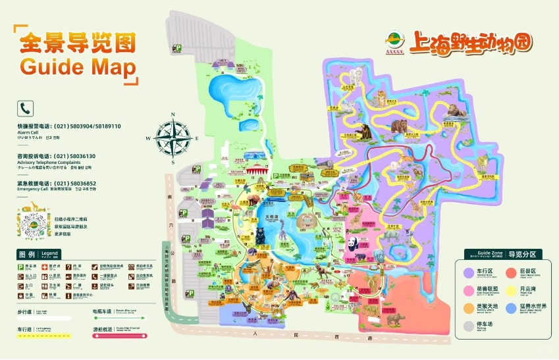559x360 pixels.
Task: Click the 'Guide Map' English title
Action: point(78,67)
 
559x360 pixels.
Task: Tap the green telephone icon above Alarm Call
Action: point(26,108)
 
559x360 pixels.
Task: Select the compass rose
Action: point(173,138)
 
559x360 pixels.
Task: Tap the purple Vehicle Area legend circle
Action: point(464,271)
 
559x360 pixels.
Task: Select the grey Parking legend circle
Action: point(464,324)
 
